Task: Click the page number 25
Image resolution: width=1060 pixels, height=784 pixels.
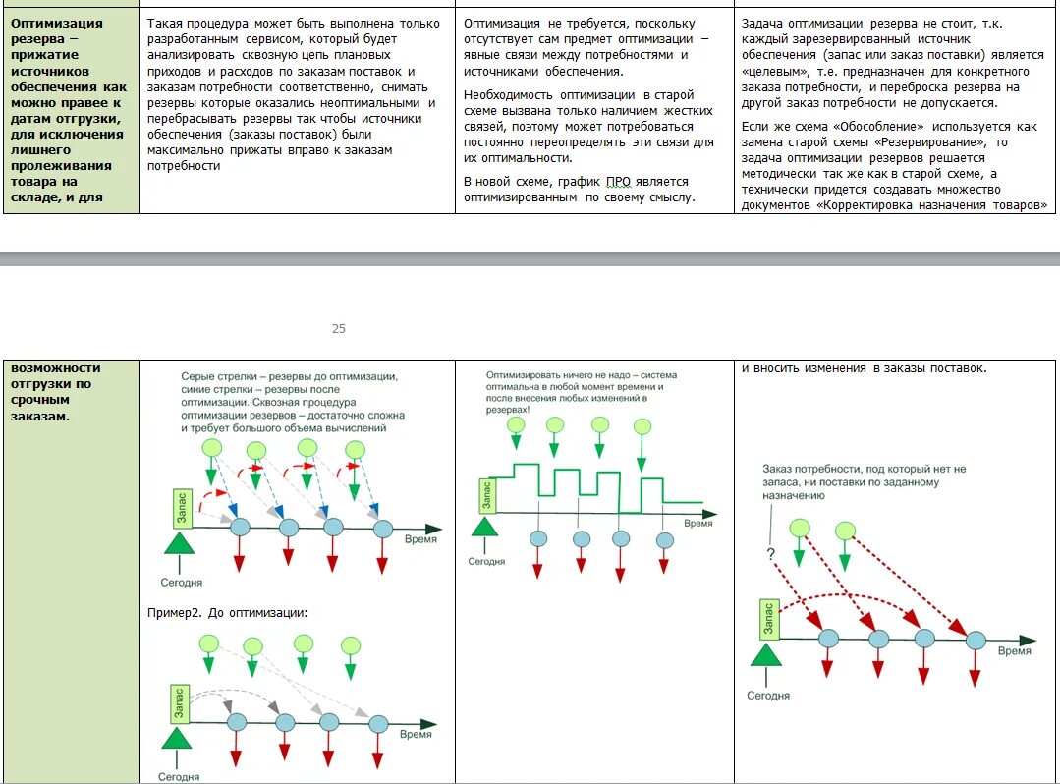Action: [x=338, y=329]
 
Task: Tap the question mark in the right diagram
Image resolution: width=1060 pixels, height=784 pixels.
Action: [x=771, y=554]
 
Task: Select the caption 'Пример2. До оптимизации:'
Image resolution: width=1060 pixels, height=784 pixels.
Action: [x=228, y=612]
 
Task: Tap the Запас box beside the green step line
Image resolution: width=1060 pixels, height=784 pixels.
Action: [x=486, y=495]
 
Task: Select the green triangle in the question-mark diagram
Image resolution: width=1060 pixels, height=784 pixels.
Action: [x=768, y=653]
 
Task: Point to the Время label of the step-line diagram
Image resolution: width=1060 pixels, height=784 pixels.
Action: [x=697, y=524]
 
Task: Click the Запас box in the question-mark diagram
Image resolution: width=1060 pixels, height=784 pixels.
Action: [x=768, y=618]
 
